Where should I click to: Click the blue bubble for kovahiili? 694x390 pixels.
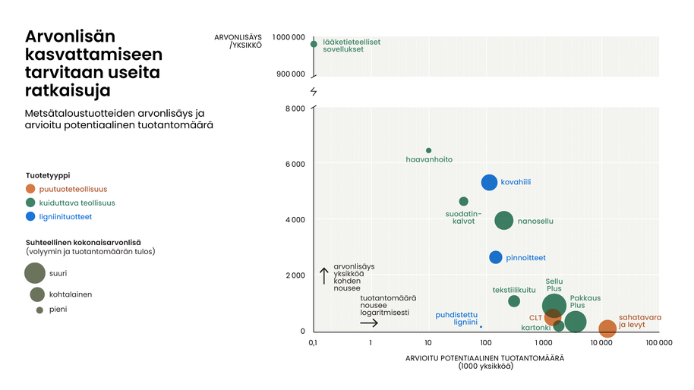(489, 182)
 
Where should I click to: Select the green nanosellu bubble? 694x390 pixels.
(504, 221)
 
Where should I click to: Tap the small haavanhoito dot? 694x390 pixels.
(428, 150)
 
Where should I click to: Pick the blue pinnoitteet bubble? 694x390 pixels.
(496, 257)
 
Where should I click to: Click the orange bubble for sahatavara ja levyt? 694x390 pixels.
(607, 329)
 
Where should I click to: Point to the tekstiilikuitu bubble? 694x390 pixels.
(514, 301)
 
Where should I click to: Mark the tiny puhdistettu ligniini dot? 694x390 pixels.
(481, 327)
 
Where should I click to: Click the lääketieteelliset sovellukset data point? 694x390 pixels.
(314, 44)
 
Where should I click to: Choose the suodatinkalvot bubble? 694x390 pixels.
(464, 201)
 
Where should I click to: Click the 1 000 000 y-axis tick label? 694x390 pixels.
(289, 37)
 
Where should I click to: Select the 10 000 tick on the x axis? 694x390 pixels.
(601, 343)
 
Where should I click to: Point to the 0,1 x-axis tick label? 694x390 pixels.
(313, 343)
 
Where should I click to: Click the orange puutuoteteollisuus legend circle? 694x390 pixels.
(30, 189)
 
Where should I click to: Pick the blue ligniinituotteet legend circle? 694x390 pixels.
(30, 216)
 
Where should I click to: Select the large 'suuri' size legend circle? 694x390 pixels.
(35, 272)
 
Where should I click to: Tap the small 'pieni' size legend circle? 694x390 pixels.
(39, 310)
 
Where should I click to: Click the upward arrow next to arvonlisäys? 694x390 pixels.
(323, 275)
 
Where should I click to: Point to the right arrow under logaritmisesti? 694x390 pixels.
(369, 323)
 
